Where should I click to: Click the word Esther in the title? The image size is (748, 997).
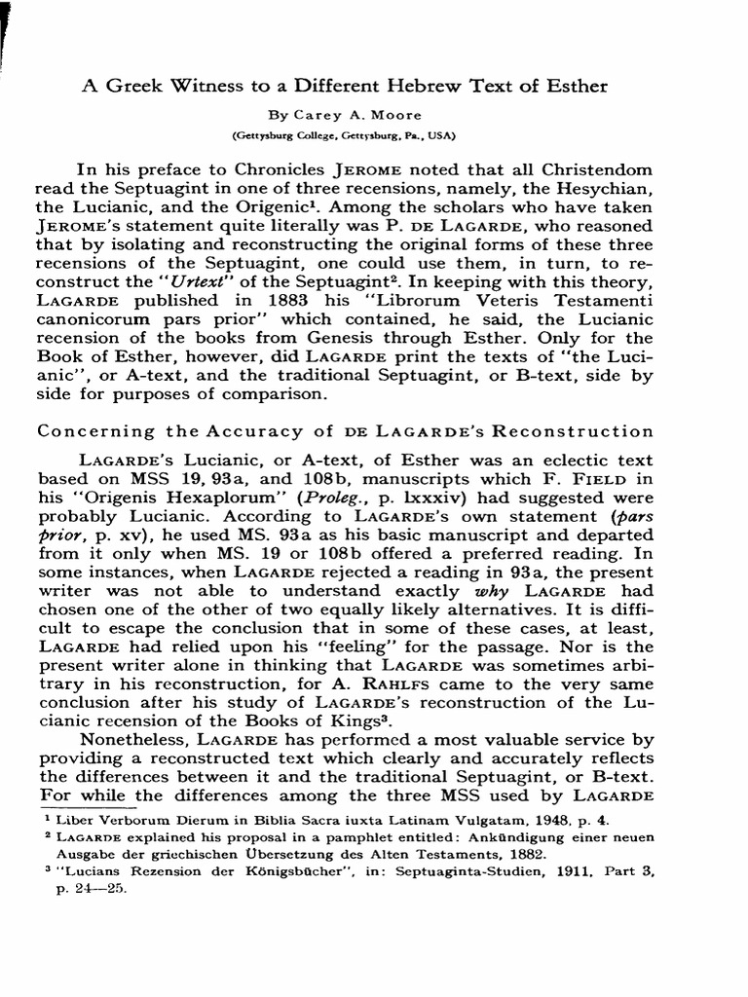pyautogui.click(x=575, y=86)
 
